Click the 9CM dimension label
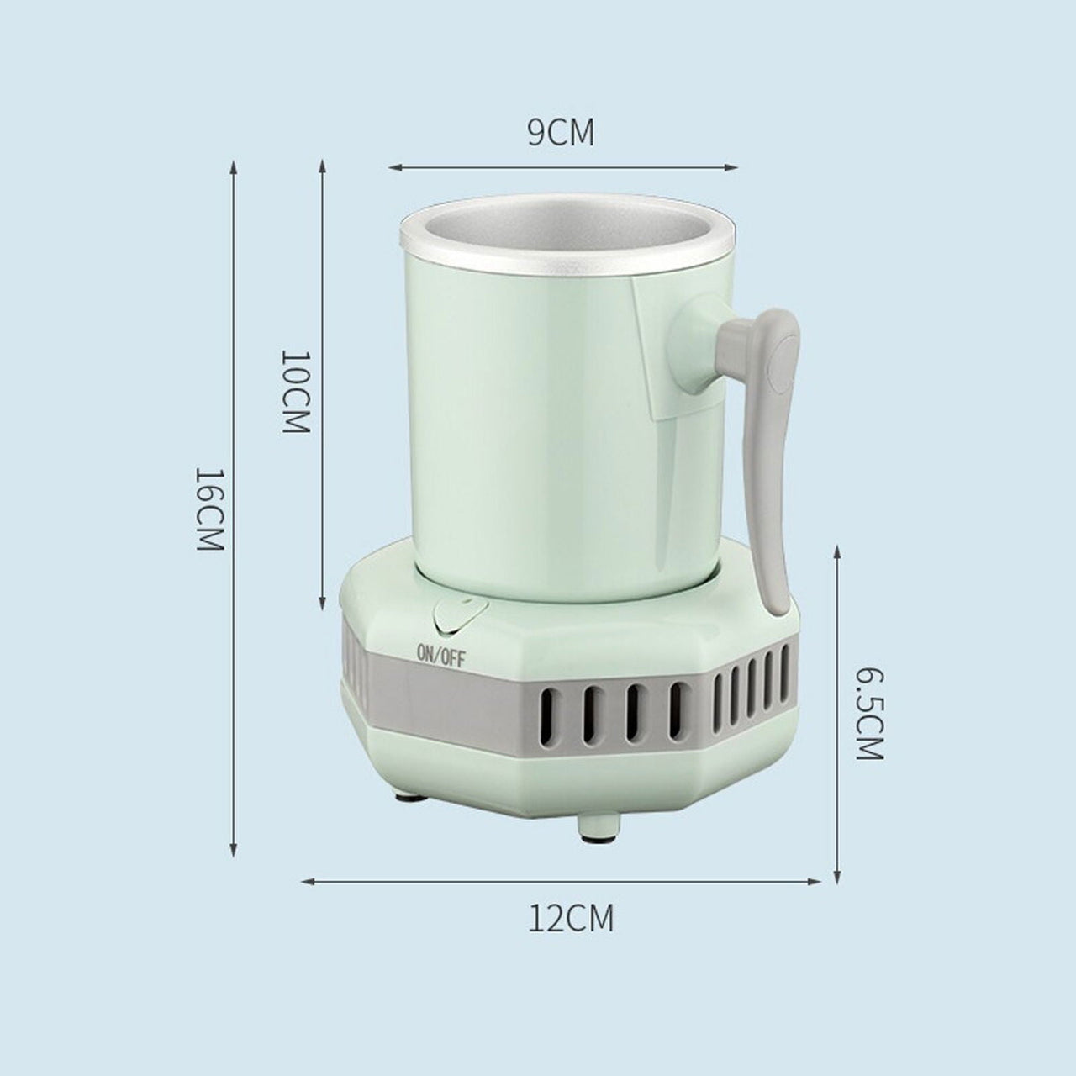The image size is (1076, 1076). pyautogui.click(x=560, y=133)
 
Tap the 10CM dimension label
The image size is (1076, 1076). pyautogui.click(x=295, y=391)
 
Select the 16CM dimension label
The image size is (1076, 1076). pyautogui.click(x=208, y=509)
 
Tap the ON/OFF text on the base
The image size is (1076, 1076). pyautogui.click(x=440, y=655)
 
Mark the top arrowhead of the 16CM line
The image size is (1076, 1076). pyautogui.click(x=234, y=168)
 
